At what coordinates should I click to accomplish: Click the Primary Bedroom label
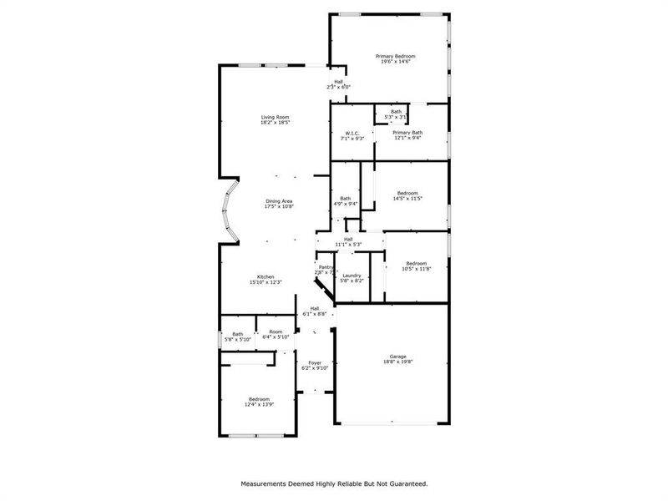pyautogui.click(x=395, y=56)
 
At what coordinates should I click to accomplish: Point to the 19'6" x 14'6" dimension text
pyautogui.click(x=395, y=62)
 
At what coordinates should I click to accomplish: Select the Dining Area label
pyautogui.click(x=279, y=201)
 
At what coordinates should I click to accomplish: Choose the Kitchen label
pyautogui.click(x=266, y=276)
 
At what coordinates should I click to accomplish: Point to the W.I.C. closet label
pyautogui.click(x=352, y=133)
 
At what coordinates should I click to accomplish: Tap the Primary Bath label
pyautogui.click(x=407, y=133)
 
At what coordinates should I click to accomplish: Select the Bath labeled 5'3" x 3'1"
pyautogui.click(x=396, y=112)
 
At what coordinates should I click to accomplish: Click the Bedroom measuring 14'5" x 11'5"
pyautogui.click(x=407, y=193)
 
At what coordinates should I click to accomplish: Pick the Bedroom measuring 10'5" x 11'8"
pyautogui.click(x=415, y=263)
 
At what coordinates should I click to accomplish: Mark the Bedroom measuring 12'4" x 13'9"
pyautogui.click(x=259, y=398)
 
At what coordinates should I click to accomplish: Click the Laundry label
pyautogui.click(x=352, y=276)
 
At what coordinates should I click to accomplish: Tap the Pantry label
pyautogui.click(x=326, y=267)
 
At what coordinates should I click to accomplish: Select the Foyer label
pyautogui.click(x=315, y=362)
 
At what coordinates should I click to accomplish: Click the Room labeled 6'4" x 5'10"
pyautogui.click(x=276, y=331)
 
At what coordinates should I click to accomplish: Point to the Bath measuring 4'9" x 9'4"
pyautogui.click(x=346, y=198)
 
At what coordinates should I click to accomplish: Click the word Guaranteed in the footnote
pyautogui.click(x=404, y=483)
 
